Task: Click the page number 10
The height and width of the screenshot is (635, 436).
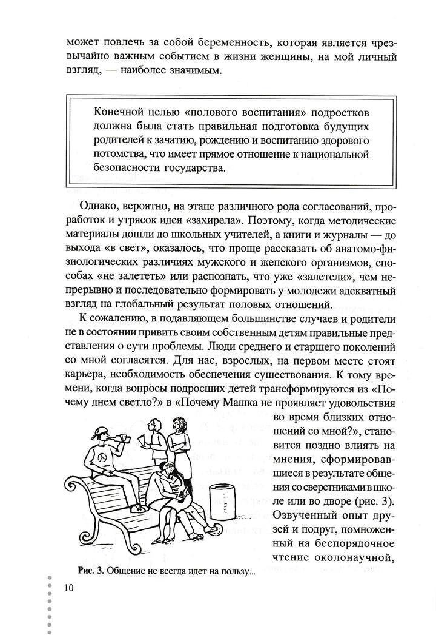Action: [x=68, y=587]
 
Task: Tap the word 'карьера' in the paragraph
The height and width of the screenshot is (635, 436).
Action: [x=84, y=370]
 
